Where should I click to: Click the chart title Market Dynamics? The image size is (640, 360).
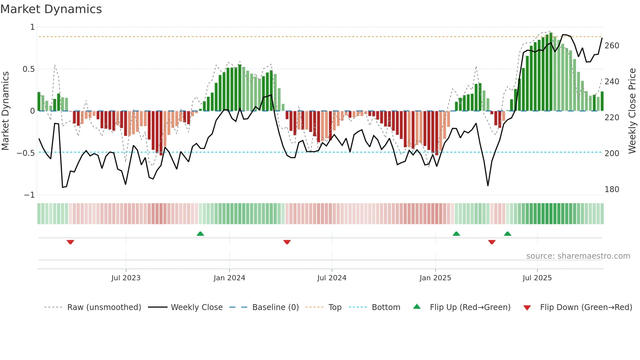51,9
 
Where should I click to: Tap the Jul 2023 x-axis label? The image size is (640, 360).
126,278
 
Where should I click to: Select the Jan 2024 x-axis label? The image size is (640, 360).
229,278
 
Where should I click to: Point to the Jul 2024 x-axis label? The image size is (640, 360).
332,278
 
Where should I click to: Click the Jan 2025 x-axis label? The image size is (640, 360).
435,278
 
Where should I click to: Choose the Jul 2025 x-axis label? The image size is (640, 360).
537,278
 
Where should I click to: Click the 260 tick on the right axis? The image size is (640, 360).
612,46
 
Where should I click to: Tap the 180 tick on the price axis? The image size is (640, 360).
612,189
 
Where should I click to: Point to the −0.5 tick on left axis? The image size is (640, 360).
25,153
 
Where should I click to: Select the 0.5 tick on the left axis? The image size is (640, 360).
28,69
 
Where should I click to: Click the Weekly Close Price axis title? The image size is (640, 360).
632,111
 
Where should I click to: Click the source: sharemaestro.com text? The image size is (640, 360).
578,256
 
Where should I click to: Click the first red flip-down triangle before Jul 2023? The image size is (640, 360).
70,242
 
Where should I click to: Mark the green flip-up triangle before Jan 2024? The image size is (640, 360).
200,234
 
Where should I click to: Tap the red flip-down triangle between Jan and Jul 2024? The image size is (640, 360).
287,242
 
